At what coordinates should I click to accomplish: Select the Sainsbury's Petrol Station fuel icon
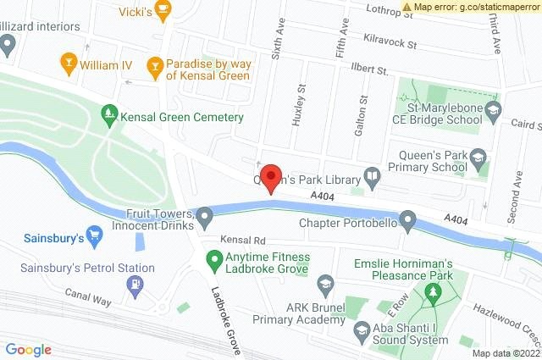point(135,285)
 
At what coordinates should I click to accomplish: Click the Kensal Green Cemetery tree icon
point(108,111)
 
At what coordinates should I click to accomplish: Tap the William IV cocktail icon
point(69,62)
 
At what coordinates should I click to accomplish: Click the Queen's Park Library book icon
point(372,177)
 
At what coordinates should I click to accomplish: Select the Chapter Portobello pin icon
point(408,222)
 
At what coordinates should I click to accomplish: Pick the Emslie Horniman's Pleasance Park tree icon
point(435,292)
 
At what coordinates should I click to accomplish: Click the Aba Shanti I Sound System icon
point(362,330)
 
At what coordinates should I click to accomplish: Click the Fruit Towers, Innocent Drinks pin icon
point(204,217)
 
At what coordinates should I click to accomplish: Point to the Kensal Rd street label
point(243,241)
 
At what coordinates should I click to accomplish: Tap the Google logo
point(29,350)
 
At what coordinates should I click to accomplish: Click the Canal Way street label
point(90,294)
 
